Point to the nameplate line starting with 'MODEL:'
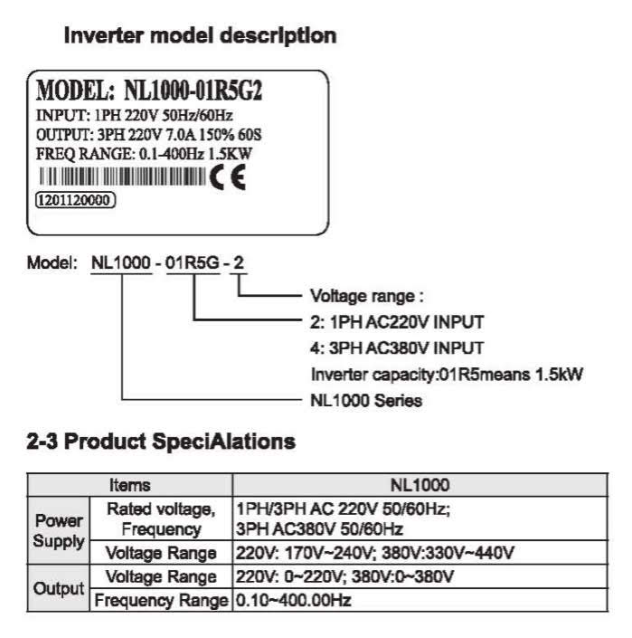[x=155, y=91]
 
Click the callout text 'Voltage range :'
[x=367, y=296]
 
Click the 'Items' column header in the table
[x=129, y=485]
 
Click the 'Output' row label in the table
[x=58, y=587]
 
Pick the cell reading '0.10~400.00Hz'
[x=292, y=600]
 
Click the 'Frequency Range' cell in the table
[x=160, y=600]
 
